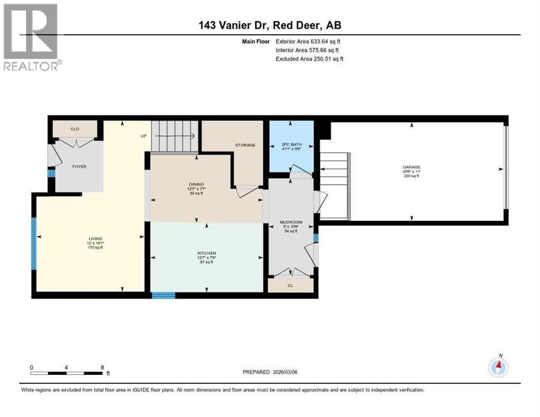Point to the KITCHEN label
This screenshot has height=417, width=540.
tap(206, 253)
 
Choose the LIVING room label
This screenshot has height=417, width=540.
tap(96, 238)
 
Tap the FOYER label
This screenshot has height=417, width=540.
tap(79, 167)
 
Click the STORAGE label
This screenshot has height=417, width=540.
tap(245, 145)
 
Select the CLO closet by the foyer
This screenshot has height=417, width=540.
tap(75, 129)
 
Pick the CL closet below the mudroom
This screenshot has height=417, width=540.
tap(291, 285)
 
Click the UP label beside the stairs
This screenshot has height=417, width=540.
tap(144, 136)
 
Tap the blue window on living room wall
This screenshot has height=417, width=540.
tap(34, 243)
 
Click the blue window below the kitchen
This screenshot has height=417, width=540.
tap(163, 295)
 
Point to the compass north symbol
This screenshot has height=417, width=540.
tap(498, 367)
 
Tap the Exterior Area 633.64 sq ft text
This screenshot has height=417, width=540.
tap(308, 41)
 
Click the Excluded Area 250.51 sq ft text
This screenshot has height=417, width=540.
tap(309, 59)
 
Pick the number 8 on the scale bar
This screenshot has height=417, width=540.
tap(102, 367)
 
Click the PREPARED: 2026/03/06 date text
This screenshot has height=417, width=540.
tap(271, 372)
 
